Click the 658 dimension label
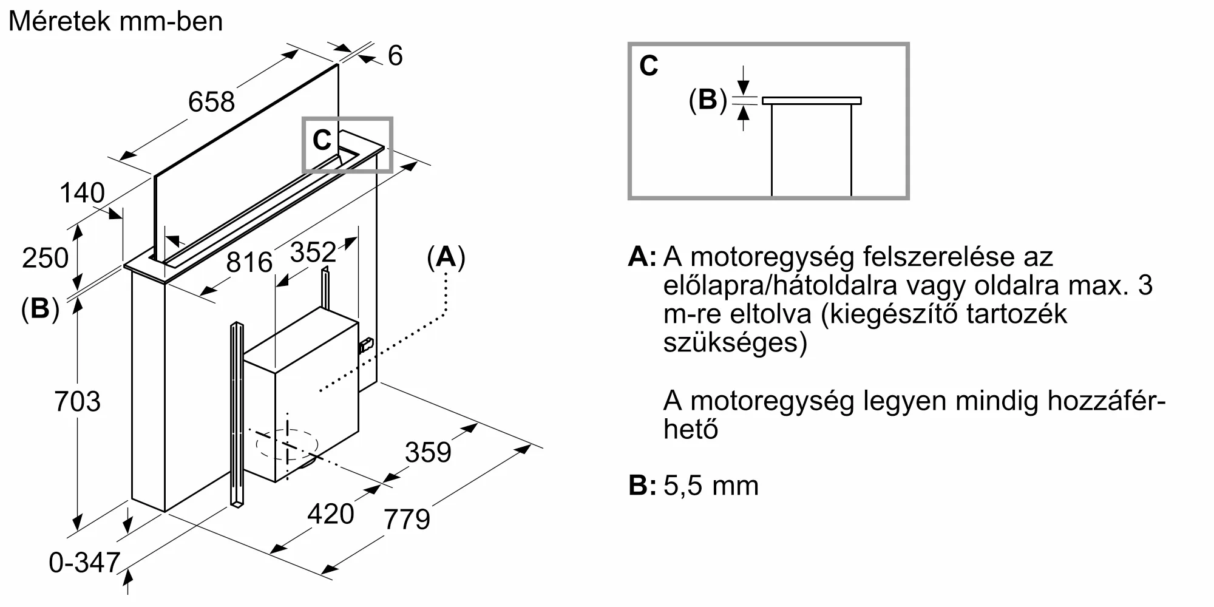coord(211,101)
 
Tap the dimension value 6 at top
coord(395,56)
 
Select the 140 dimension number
coord(82,193)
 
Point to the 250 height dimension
coord(45,258)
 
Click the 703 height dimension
coord(77,402)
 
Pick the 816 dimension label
coord(249,262)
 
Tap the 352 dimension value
coord(313,252)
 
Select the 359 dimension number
coord(428,452)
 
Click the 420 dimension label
coord(330,514)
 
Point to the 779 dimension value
coord(407,520)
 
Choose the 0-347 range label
coord(84,563)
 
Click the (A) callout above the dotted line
coord(446,257)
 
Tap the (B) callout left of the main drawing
coord(40,309)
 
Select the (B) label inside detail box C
coord(707,100)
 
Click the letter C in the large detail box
coord(648,66)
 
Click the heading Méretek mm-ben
coord(115,22)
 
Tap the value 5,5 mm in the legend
coord(711,486)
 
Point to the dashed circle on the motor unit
coord(287,445)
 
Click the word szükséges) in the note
coord(735,343)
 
